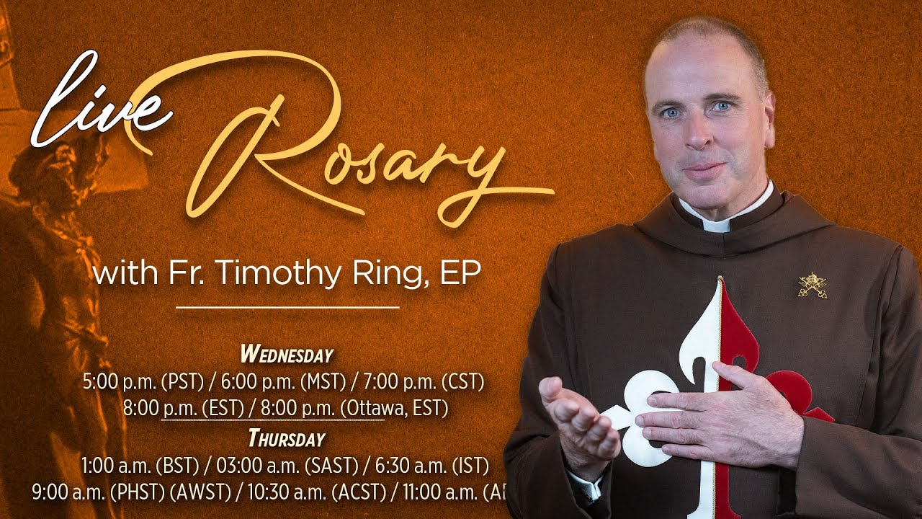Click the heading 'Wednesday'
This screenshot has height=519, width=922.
[x=287, y=355]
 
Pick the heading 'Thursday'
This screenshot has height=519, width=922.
[x=287, y=438]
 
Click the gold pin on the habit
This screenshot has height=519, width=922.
[x=812, y=285]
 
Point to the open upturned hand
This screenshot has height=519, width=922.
[x=576, y=418]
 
